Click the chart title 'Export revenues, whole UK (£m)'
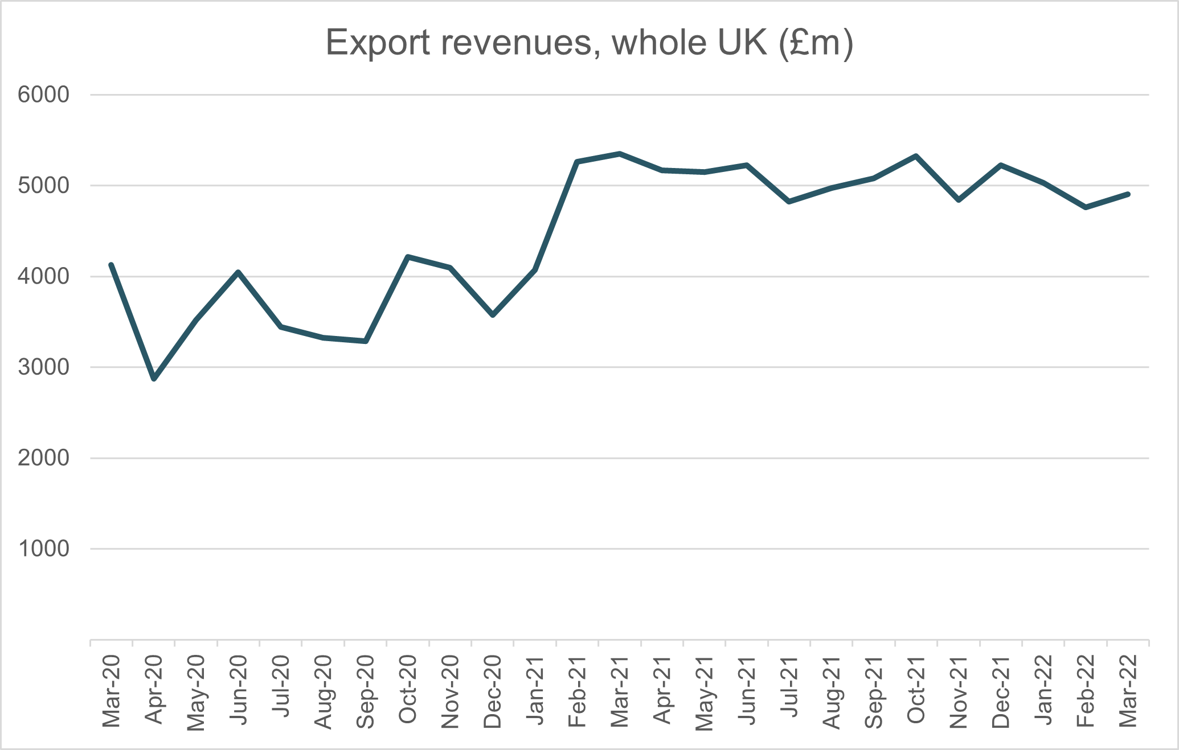click(589, 43)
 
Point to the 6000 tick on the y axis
click(43, 95)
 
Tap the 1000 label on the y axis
click(43, 549)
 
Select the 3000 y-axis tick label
click(43, 367)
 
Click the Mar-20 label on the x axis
click(112, 691)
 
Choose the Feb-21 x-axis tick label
click(578, 691)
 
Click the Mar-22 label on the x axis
click(1128, 691)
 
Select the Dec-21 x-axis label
click(1001, 691)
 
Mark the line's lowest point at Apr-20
click(154, 379)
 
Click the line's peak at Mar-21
click(620, 153)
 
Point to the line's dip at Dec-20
click(493, 315)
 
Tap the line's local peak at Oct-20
click(408, 257)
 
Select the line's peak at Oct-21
click(916, 155)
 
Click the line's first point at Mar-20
click(112, 265)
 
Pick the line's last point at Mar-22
click(1128, 194)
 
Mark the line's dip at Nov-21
click(959, 200)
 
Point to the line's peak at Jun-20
click(239, 272)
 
